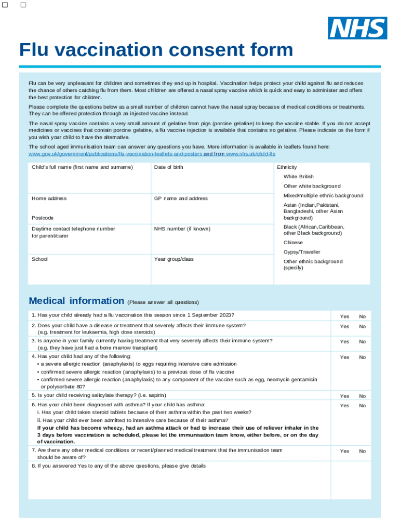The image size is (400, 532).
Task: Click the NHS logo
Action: click(357, 28)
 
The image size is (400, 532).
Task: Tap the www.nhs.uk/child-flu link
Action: click(250, 154)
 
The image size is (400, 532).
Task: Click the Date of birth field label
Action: click(168, 167)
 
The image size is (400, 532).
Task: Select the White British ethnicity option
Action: click(298, 177)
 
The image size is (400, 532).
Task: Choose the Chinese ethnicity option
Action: click(293, 243)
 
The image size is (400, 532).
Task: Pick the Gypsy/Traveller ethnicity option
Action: click(302, 252)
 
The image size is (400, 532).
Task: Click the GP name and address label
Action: click(180, 198)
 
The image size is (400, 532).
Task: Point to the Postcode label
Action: click(42, 218)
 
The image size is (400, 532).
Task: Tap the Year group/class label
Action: click(174, 259)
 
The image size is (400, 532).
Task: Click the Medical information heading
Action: click(76, 301)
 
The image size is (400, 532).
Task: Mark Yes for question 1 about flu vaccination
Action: click(344, 316)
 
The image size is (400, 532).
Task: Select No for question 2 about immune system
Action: click(362, 326)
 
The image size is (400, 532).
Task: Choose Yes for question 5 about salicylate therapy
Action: click(344, 396)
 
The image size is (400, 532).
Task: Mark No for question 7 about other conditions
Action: click(362, 451)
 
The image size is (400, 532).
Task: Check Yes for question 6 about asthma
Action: click(344, 405)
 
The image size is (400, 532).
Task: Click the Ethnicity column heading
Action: click(287, 167)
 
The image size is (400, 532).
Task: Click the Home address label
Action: click(49, 198)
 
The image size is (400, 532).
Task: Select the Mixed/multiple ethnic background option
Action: click(323, 195)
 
